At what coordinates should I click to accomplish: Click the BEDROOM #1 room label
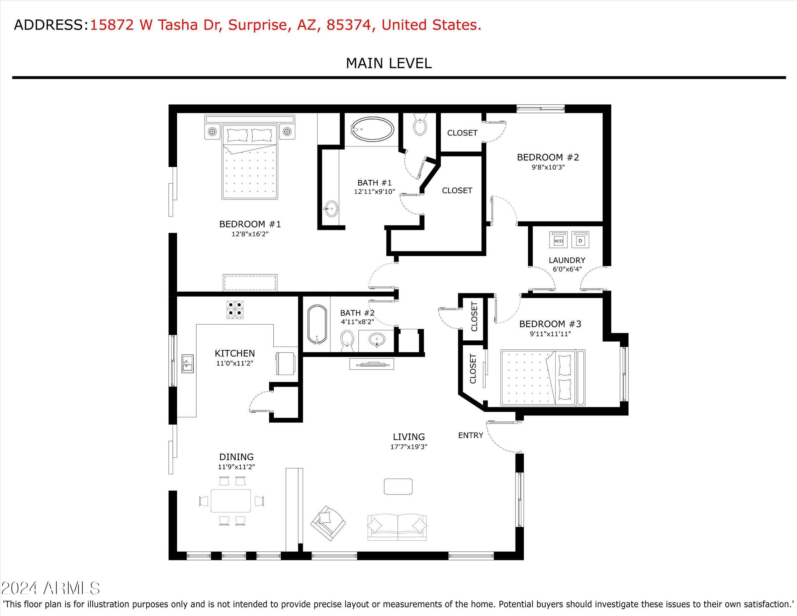tap(250, 224)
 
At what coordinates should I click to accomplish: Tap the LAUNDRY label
tap(567, 260)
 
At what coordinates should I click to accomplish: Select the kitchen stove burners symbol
tap(235, 309)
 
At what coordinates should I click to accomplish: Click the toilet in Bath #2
tap(347, 340)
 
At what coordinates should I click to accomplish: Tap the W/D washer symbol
tap(558, 240)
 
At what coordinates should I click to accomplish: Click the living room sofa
tap(397, 527)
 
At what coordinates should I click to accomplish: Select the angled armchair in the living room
tap(328, 523)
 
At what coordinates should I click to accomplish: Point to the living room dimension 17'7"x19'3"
tap(409, 446)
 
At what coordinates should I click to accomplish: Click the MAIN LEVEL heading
tap(389, 63)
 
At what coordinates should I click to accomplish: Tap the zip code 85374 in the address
tap(349, 25)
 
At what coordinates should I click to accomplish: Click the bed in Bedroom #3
tap(543, 378)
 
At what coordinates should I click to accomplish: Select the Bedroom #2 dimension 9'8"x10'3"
tap(548, 167)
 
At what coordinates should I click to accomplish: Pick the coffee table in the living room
tap(398, 486)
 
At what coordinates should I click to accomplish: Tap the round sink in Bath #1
tap(331, 209)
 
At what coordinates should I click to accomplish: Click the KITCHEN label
tap(235, 353)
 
